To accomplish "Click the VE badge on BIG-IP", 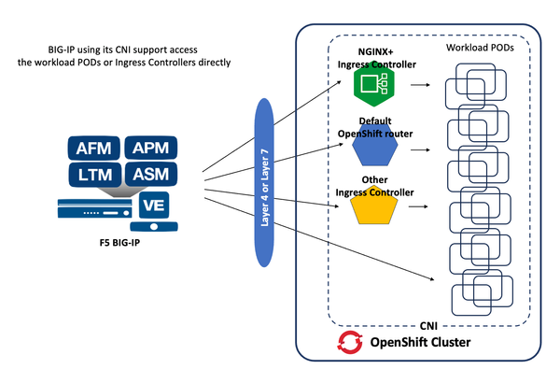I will [x=153, y=205].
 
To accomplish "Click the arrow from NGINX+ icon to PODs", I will [x=416, y=86].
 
